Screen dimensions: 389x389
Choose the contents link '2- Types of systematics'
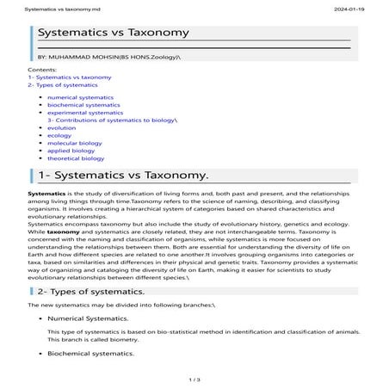click(x=63, y=84)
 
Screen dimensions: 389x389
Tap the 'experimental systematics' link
click(x=84, y=113)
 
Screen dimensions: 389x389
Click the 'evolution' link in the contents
click(x=62, y=128)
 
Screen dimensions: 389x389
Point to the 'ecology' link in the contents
click(x=59, y=136)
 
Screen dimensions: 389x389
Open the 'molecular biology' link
click(x=75, y=144)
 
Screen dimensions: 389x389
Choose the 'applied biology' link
click(x=71, y=151)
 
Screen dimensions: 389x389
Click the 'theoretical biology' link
click(x=76, y=158)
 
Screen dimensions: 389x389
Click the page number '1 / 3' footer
click(x=194, y=378)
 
